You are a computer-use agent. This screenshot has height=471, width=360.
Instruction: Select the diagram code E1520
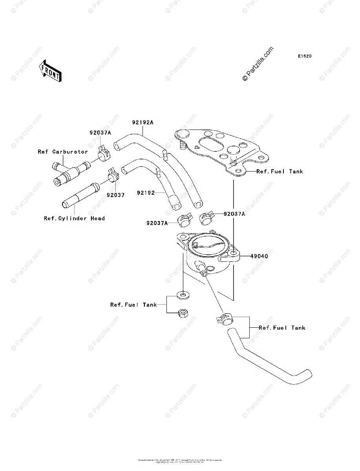coord(304,57)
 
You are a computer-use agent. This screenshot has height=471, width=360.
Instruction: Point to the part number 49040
coord(260,256)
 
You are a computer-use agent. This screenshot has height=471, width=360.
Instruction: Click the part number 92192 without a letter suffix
coord(146,193)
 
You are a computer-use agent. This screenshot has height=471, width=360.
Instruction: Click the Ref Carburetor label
coord(63,152)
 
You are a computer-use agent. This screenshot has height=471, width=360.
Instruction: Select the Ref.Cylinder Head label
coord(74,218)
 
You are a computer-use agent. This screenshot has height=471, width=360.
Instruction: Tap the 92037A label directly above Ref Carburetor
coord(100,133)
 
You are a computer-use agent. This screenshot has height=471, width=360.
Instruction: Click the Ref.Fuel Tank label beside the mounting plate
coord(280,172)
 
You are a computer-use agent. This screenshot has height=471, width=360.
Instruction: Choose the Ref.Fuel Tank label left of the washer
coord(133,305)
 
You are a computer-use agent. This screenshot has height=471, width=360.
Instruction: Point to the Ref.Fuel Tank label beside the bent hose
coord(282,328)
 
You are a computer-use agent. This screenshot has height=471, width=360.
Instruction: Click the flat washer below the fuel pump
coord(182,294)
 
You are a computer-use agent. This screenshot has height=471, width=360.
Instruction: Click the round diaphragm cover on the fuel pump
coord(208,246)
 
